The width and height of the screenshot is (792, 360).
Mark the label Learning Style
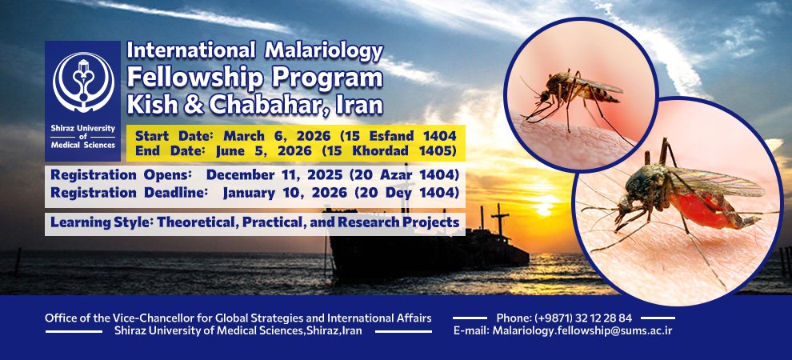pos(101,222)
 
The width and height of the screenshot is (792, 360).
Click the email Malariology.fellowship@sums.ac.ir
pos(582,330)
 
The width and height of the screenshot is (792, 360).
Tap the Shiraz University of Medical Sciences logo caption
pos(83,136)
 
